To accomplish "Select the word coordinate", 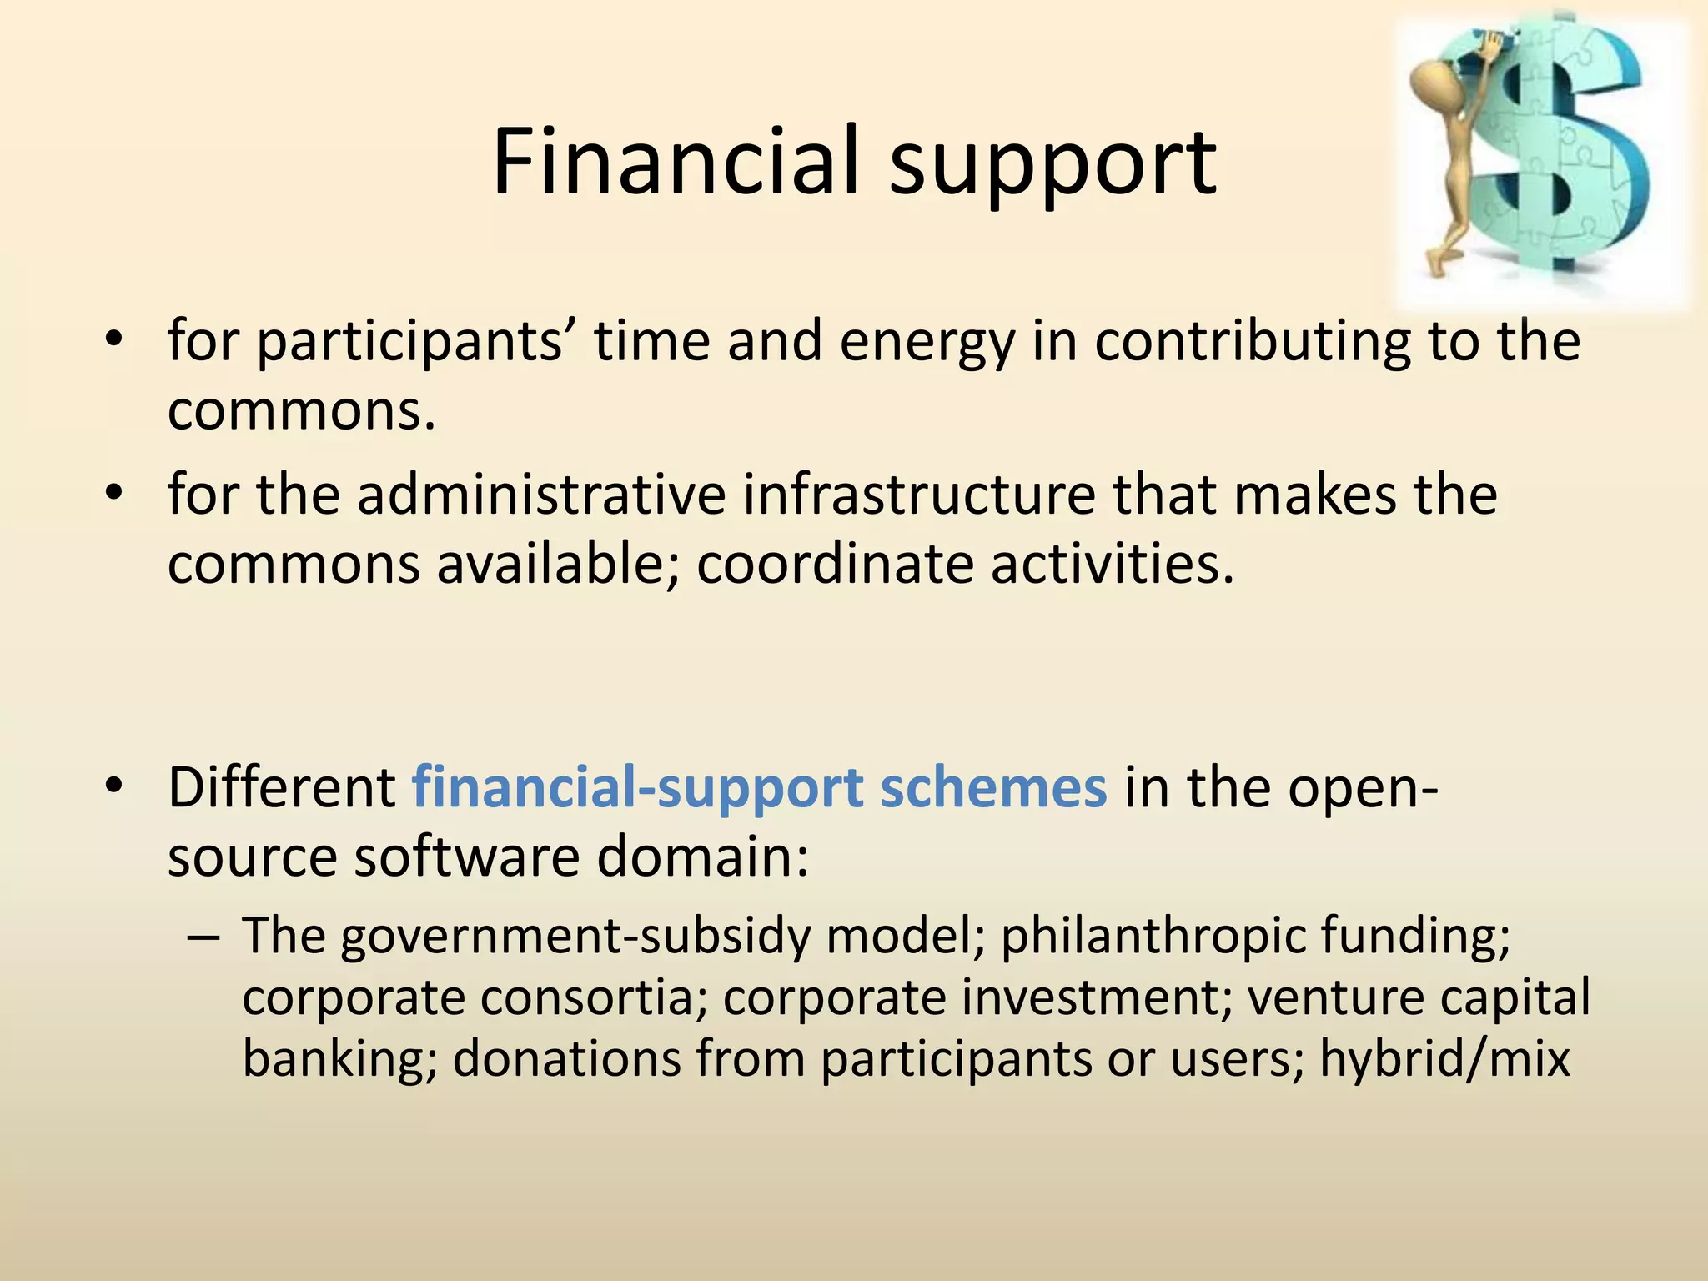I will coord(835,565).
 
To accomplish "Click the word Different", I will coord(282,787).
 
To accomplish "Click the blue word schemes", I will coord(993,787).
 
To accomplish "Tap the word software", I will coord(466,857).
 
